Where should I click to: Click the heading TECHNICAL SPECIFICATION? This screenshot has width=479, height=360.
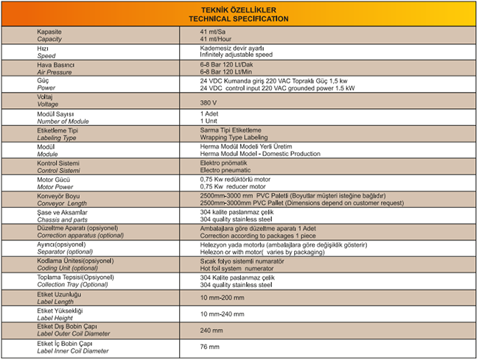239,18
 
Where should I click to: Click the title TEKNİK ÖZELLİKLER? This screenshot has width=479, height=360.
239,10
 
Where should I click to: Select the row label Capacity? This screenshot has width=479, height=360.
51,39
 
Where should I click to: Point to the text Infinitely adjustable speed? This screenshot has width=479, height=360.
236,55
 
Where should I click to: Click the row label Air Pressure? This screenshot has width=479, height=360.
53,71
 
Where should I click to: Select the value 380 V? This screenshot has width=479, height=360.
209,102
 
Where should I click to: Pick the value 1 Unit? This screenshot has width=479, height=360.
209,120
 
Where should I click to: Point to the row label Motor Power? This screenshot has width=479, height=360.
55,186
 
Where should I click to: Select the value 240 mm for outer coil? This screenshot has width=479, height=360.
211,329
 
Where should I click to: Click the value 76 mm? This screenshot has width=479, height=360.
209,346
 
